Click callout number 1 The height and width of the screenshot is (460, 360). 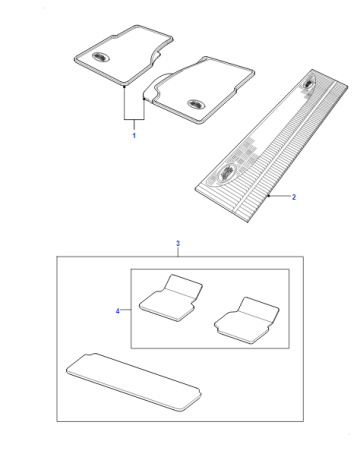click(x=134, y=136)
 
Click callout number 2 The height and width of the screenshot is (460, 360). click(x=294, y=197)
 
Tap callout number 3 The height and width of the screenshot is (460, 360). click(x=178, y=244)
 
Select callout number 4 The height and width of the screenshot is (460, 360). click(x=117, y=311)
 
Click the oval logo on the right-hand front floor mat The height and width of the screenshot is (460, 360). click(x=195, y=104)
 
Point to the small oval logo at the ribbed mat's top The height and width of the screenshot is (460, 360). click(x=307, y=83)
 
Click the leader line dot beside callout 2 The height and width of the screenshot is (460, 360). click(x=269, y=196)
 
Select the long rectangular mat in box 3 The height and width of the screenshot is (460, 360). click(x=134, y=382)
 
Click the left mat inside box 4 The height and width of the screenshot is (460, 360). click(x=171, y=298)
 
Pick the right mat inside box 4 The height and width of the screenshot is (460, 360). click(x=247, y=320)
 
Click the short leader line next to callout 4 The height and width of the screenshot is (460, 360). click(x=125, y=310)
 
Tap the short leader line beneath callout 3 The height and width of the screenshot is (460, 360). click(x=178, y=252)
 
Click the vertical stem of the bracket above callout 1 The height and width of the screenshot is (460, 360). click(x=134, y=124)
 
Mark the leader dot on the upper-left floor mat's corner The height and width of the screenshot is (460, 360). click(x=124, y=87)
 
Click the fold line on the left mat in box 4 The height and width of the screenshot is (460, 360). click(x=180, y=293)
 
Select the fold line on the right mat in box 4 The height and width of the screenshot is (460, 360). click(x=255, y=316)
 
